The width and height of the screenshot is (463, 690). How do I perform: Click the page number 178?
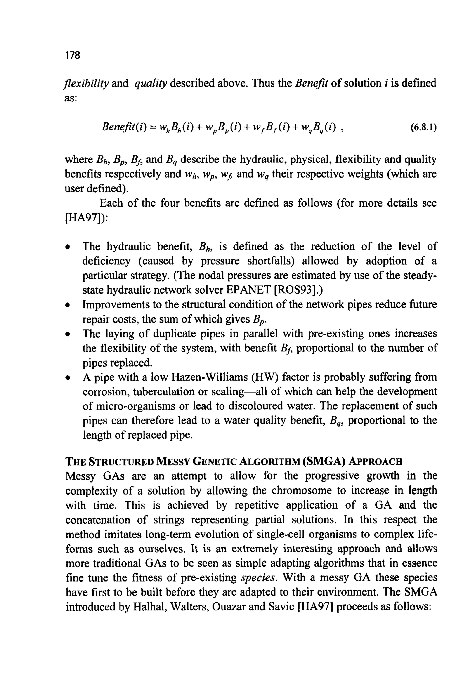[72, 55]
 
